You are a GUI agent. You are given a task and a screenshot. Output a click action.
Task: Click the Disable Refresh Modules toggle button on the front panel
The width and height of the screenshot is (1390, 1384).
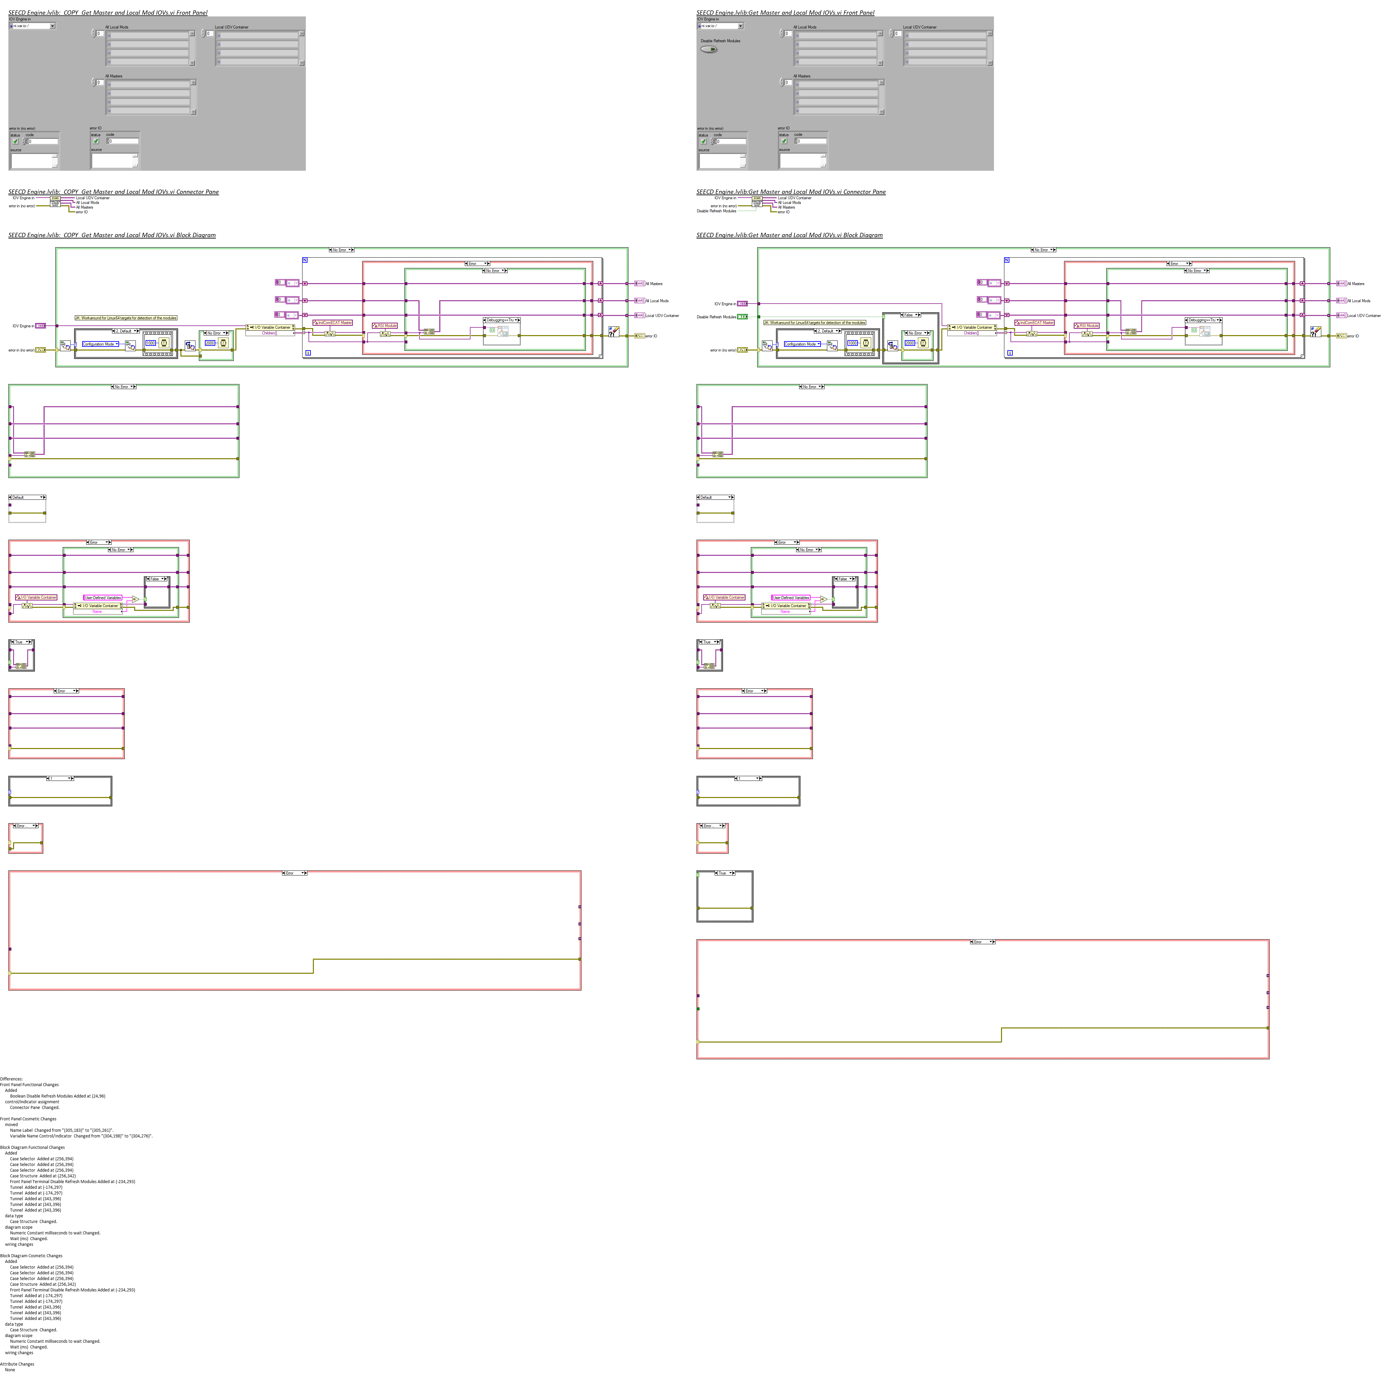point(709,50)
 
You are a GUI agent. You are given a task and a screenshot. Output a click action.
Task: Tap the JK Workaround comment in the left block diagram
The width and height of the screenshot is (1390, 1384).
point(126,317)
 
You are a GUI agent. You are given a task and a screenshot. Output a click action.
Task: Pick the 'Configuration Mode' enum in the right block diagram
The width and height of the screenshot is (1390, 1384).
point(801,344)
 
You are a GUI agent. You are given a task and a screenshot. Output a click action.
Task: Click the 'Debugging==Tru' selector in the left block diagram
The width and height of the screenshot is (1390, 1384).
point(501,320)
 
